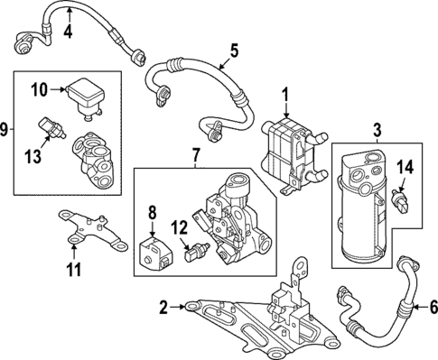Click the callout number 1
pyautogui.click(x=284, y=93)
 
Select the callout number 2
pyautogui.click(x=164, y=309)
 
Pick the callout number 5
pyautogui.click(x=233, y=51)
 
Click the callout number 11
pyautogui.click(x=75, y=269)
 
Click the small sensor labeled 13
pyautogui.click(x=50, y=127)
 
